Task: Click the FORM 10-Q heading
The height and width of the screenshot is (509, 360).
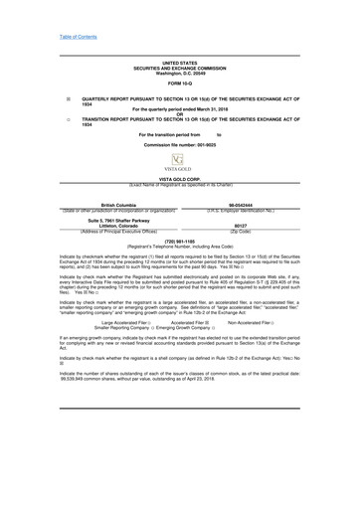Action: tap(179, 83)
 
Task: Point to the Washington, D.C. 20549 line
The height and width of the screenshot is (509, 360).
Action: tap(179, 73)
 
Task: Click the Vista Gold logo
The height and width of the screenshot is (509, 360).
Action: tap(179, 164)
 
